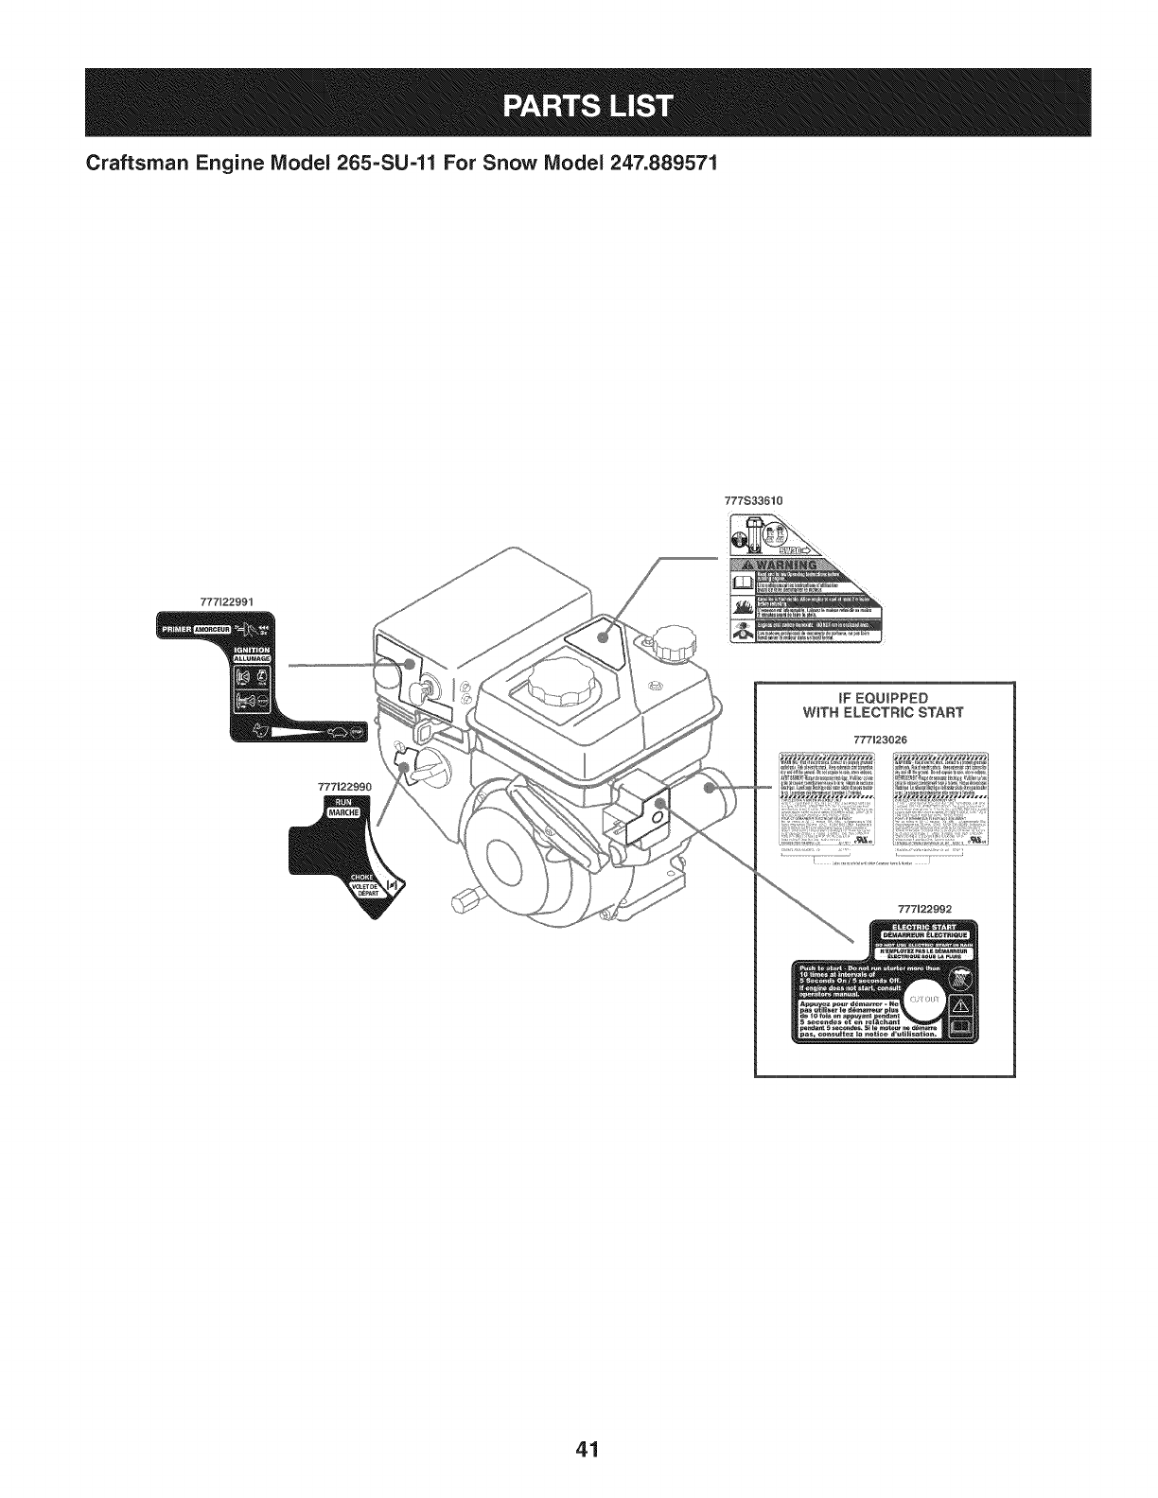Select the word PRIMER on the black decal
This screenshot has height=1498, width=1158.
(174, 628)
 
